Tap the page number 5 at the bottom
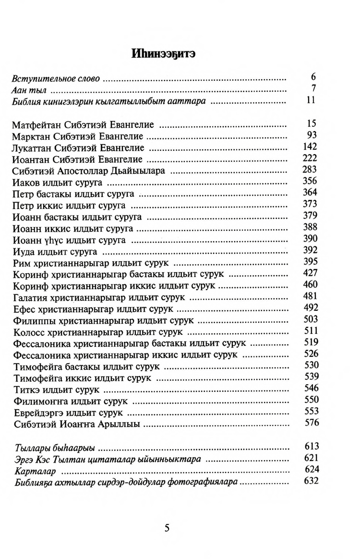click(x=167, y=528)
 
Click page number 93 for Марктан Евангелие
click(x=312, y=135)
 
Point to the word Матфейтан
click(x=35, y=125)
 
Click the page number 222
click(x=311, y=158)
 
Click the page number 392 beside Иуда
click(x=311, y=250)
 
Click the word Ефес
click(x=24, y=309)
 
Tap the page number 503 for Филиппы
click(x=311, y=319)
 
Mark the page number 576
click(x=311, y=423)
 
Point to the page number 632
click(x=311, y=481)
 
